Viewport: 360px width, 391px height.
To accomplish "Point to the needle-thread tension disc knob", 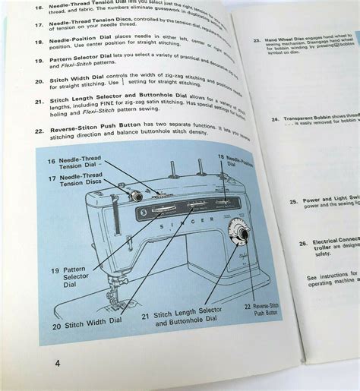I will coord(136,196).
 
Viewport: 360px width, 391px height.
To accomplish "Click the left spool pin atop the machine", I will coord(174,171).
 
